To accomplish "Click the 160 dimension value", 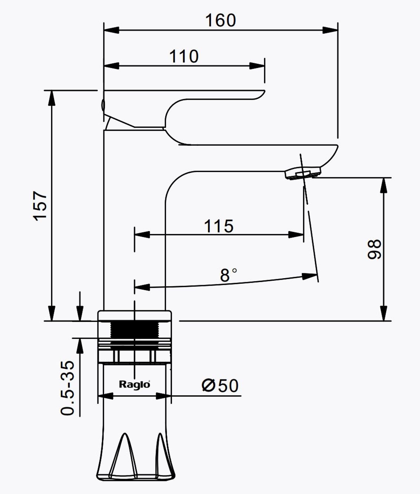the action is (x=221, y=20).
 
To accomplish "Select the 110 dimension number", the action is (x=184, y=56).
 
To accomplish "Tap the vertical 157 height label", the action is (x=40, y=206).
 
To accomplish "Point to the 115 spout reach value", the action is (x=219, y=226).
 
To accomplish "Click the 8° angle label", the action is (x=228, y=275).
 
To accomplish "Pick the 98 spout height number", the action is (x=374, y=249).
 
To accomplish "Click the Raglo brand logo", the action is (x=135, y=384).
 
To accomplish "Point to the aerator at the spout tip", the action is (x=303, y=174).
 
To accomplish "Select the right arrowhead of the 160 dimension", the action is (x=330, y=30).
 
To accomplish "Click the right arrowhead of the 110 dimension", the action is (x=257, y=66).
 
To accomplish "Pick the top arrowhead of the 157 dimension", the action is (x=52, y=98).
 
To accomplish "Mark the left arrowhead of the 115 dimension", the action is (x=142, y=235).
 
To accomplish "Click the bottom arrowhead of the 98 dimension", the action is (x=384, y=313).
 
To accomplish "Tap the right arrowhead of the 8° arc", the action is (x=310, y=276).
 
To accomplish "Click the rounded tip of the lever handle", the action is (x=262, y=94).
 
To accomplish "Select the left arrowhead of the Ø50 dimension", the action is (x=105, y=396).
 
